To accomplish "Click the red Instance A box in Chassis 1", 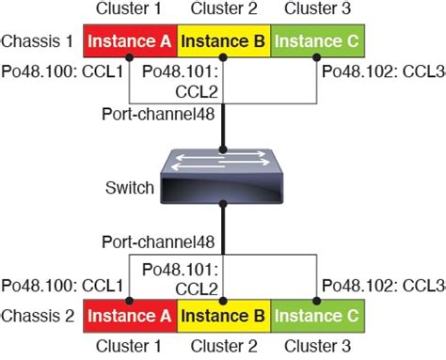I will (130, 41).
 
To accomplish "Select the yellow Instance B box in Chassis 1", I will (222, 41).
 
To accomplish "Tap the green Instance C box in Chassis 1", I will (317, 41).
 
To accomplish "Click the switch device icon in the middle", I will (223, 178).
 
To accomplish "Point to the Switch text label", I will (130, 188).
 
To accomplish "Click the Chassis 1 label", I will (40, 42).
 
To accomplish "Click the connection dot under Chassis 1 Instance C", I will (317, 57).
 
